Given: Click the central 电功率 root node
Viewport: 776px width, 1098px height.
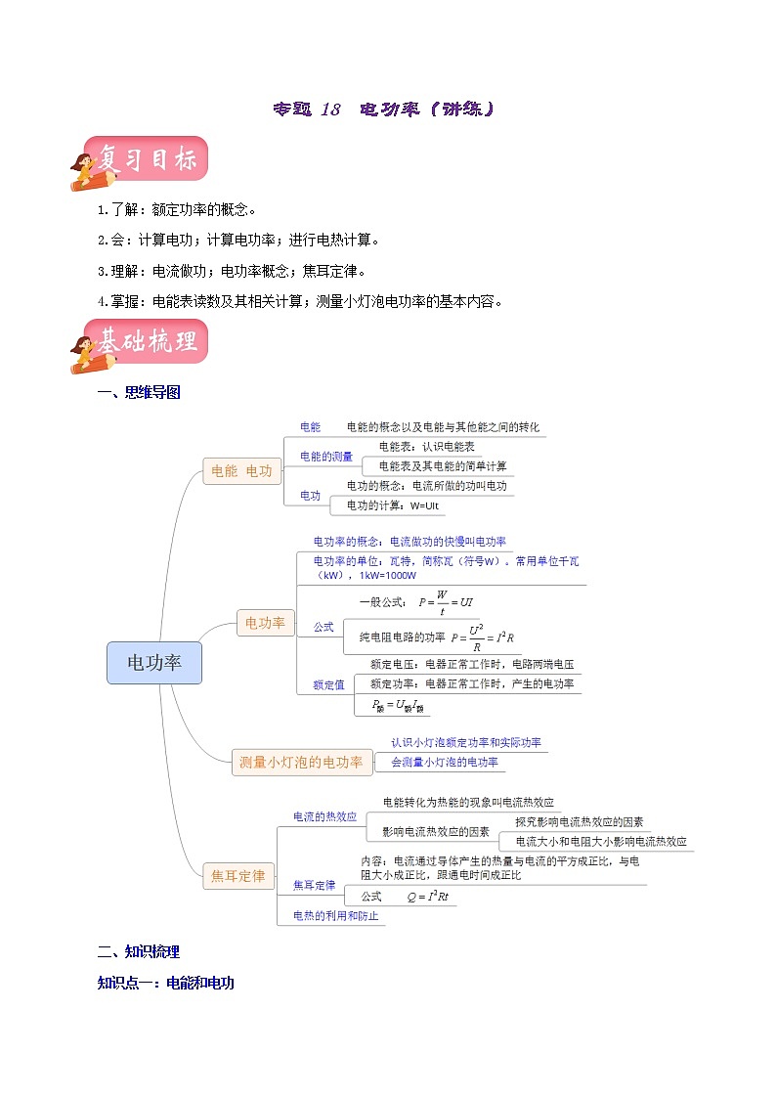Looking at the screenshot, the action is pyautogui.click(x=154, y=663).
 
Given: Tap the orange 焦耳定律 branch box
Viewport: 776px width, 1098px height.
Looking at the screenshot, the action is pyautogui.click(x=238, y=876).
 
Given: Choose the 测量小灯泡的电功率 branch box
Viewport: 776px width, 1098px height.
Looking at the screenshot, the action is pyautogui.click(x=302, y=762).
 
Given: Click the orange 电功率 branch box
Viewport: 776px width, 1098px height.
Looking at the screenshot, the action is pyautogui.click(x=265, y=622).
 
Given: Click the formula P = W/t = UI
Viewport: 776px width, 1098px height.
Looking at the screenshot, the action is pyautogui.click(x=445, y=602).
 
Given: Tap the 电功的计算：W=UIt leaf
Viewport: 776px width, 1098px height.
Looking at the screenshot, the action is pyautogui.click(x=394, y=505).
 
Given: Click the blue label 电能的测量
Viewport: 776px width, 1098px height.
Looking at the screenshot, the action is pyautogui.click(x=326, y=457).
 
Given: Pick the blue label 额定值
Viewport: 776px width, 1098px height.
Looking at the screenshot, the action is pyautogui.click(x=328, y=684).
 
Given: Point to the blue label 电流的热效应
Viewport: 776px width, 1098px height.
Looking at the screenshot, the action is pyautogui.click(x=325, y=816).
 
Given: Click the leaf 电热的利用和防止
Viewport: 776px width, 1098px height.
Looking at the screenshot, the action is pyautogui.click(x=335, y=916).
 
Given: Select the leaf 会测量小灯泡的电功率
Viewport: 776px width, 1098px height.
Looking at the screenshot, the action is pyautogui.click(x=445, y=762).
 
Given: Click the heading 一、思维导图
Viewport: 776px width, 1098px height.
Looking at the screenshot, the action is pyautogui.click(x=139, y=393).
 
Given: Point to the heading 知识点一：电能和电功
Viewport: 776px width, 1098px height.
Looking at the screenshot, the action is pyautogui.click(x=166, y=983).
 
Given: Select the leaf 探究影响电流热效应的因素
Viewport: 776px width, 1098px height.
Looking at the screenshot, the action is pyautogui.click(x=580, y=822).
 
